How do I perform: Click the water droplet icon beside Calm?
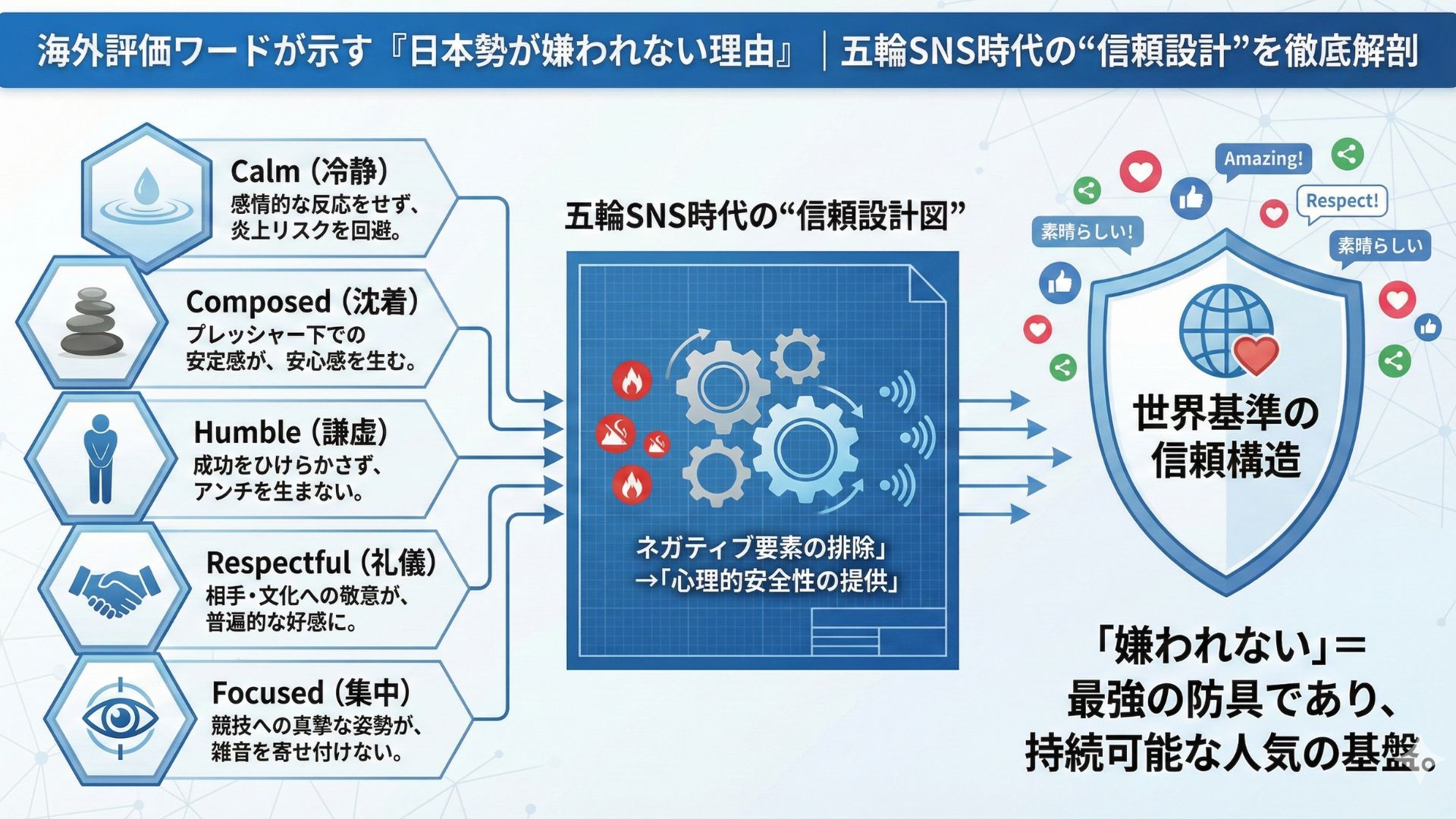(146, 196)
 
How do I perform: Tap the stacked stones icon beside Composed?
(92, 322)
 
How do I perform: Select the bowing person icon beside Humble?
(100, 459)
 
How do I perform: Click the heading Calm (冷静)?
(310, 171)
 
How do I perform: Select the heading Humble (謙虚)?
(292, 431)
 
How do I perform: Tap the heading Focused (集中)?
(312, 692)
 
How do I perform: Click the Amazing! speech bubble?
(1263, 159)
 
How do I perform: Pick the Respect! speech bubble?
(1341, 202)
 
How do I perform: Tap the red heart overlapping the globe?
(1256, 355)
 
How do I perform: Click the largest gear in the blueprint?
(805, 449)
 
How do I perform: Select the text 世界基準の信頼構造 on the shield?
(1225, 436)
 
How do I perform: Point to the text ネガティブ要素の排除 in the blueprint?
(761, 547)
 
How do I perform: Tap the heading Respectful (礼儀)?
(322, 563)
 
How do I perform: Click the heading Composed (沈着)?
(303, 301)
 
